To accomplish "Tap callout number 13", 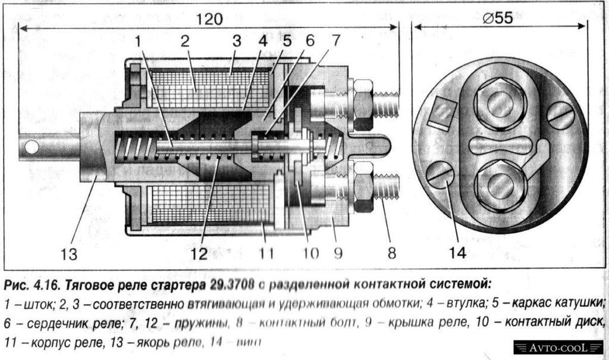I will coord(69,254).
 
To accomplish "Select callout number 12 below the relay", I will coord(199,254).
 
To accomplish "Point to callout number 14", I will coord(457,252).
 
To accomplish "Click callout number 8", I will coord(391,254).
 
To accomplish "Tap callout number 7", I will coord(336,41).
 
